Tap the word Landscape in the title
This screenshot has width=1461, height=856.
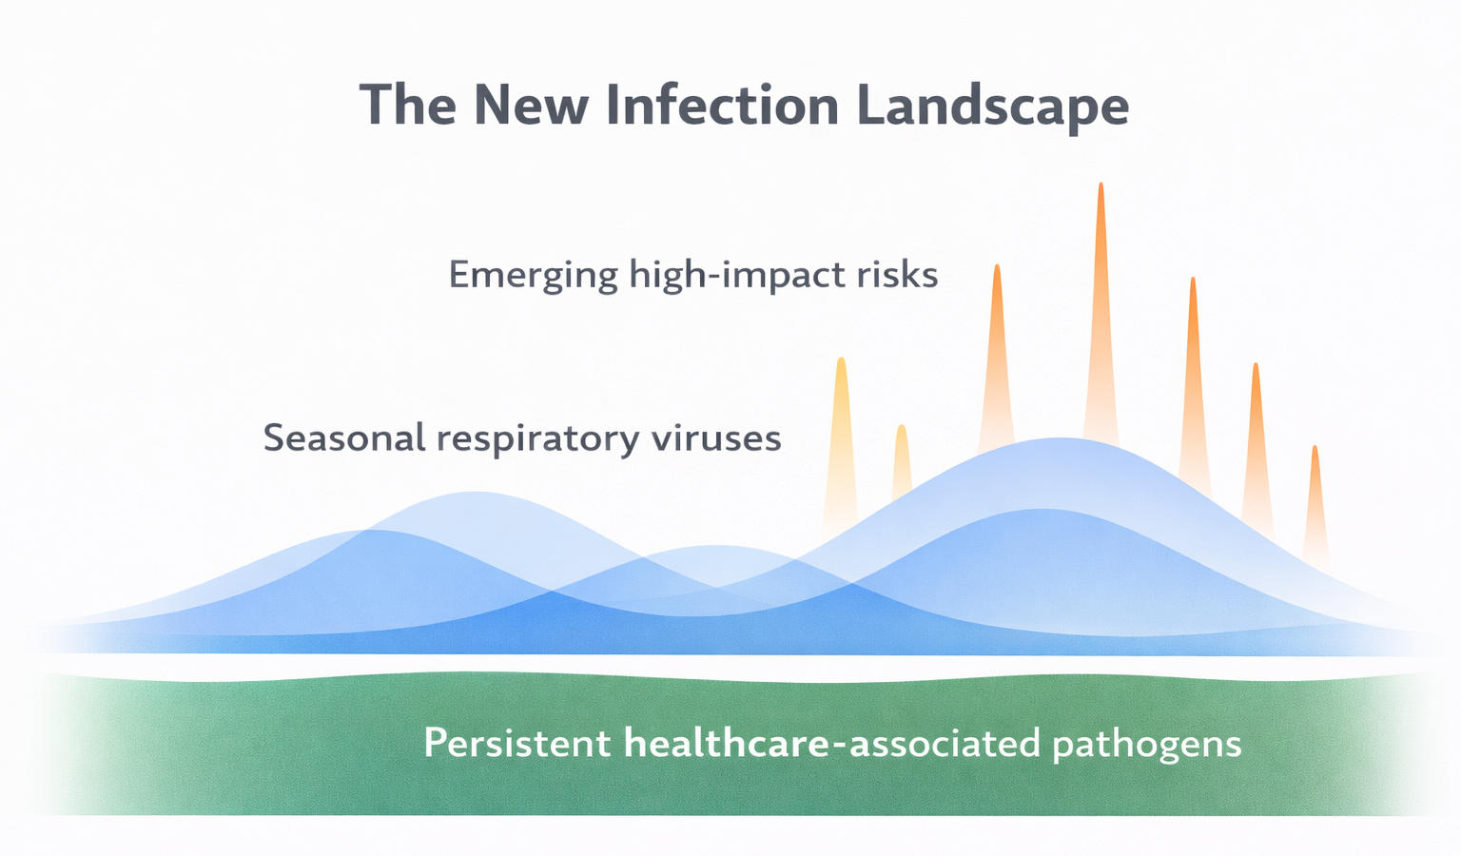point(992,107)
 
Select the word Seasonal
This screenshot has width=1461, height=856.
point(343,438)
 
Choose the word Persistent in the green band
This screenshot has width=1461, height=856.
point(516,743)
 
